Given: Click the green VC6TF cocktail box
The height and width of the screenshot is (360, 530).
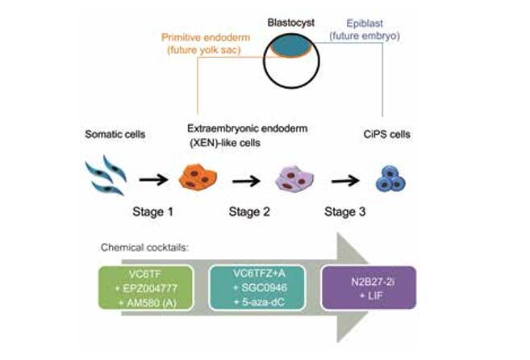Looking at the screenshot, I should (145, 290).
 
